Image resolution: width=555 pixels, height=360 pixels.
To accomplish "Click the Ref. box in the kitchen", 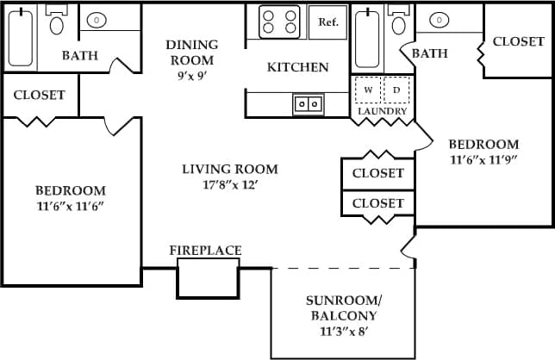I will pyautogui.click(x=327, y=22).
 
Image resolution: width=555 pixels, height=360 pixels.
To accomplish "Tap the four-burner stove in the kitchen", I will pyautogui.click(x=279, y=22).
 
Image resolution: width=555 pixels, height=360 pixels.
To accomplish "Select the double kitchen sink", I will pyautogui.click(x=309, y=104).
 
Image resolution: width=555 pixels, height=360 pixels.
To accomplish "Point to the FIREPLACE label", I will pyautogui.click(x=205, y=251).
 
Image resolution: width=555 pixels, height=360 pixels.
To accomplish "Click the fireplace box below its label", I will pyautogui.click(x=207, y=280).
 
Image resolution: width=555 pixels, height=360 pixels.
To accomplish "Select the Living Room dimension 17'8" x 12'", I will pyautogui.click(x=229, y=184).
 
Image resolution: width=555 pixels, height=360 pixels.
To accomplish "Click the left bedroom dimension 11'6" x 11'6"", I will pyautogui.click(x=71, y=206).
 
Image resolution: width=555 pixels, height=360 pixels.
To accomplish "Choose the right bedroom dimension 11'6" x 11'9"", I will pyautogui.click(x=483, y=159).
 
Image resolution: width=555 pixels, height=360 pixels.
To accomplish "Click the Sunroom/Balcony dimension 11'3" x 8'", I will pyautogui.click(x=343, y=330).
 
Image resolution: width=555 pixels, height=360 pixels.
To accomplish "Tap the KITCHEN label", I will pyautogui.click(x=297, y=67).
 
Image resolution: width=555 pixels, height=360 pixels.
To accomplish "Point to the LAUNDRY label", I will pyautogui.click(x=383, y=112).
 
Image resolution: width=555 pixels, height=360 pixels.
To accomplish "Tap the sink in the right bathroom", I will pyautogui.click(x=440, y=19).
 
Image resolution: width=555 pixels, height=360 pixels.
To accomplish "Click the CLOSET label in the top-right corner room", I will pyautogui.click(x=518, y=41).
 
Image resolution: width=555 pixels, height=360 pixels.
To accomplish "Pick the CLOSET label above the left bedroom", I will pyautogui.click(x=40, y=96).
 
